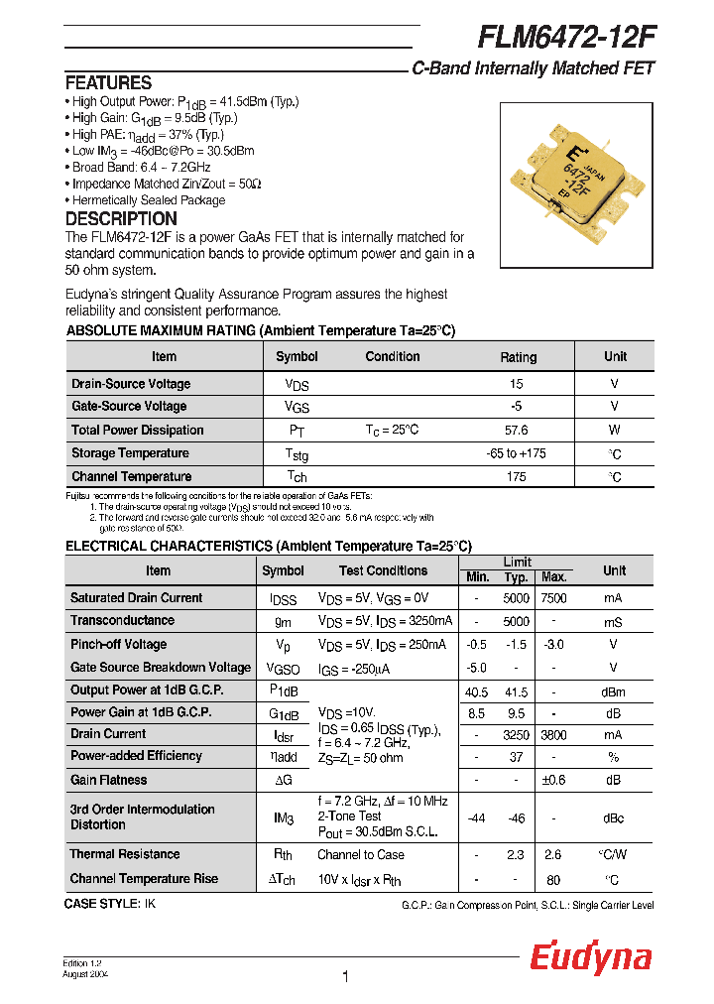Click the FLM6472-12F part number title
pyautogui.click(x=566, y=37)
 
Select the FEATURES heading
pyautogui.click(x=108, y=83)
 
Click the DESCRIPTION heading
pyautogui.click(x=121, y=219)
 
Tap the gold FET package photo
pyautogui.click(x=576, y=178)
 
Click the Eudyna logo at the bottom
pyautogui.click(x=590, y=957)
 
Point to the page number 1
pyautogui.click(x=345, y=977)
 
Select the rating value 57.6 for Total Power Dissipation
pyautogui.click(x=517, y=431)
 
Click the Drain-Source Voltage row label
pyautogui.click(x=131, y=384)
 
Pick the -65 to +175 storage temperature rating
pyautogui.click(x=517, y=453)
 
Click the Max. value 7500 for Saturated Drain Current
pyautogui.click(x=553, y=598)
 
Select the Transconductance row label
pyautogui.click(x=122, y=620)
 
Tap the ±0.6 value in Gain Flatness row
pyautogui.click(x=553, y=781)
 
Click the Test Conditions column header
pyautogui.click(x=383, y=570)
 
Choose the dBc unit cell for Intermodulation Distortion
pyautogui.click(x=614, y=818)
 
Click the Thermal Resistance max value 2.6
pyautogui.click(x=553, y=854)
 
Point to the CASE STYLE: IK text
pyautogui.click(x=110, y=904)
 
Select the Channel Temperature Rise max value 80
pyautogui.click(x=553, y=879)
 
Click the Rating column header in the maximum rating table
pyautogui.click(x=517, y=357)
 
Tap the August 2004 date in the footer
pyautogui.click(x=85, y=974)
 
